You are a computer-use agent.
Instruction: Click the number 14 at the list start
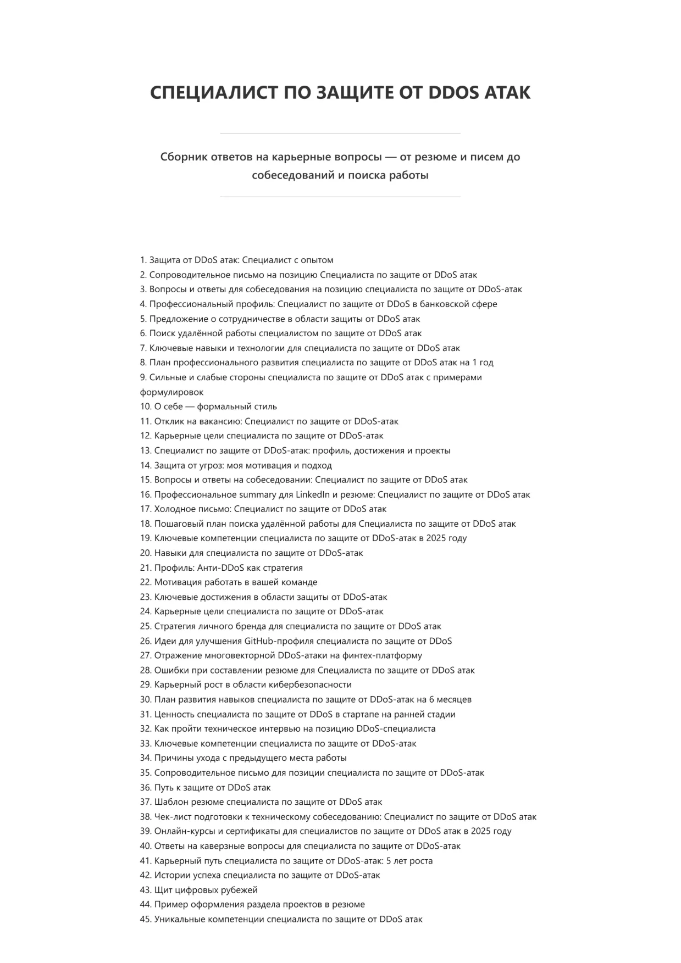click(145, 465)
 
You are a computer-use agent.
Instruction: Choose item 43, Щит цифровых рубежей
click(206, 889)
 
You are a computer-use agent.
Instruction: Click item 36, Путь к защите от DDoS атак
click(212, 787)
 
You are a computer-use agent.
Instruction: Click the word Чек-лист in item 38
click(171, 816)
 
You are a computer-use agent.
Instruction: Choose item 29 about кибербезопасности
click(253, 684)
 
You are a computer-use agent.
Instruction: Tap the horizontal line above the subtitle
click(340, 133)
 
